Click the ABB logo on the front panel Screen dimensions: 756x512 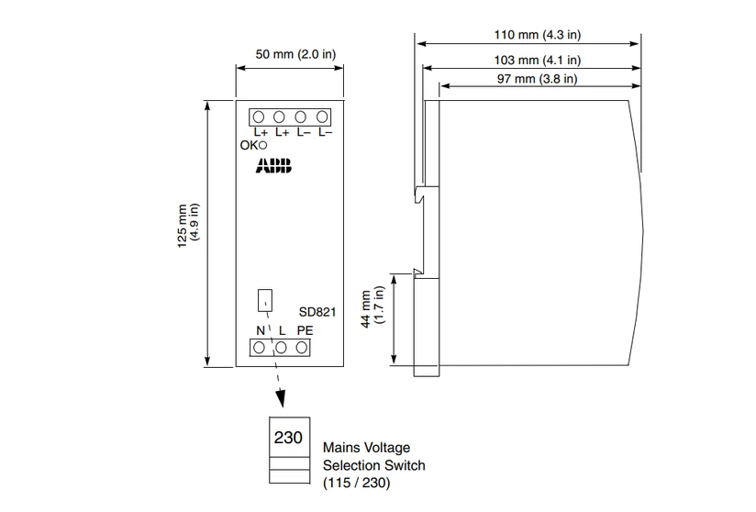tap(273, 165)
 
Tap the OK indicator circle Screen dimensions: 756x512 tap(262, 145)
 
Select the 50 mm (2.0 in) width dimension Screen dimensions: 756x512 tap(295, 54)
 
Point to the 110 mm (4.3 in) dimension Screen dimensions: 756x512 tap(537, 35)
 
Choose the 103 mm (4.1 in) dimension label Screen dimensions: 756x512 tap(537, 61)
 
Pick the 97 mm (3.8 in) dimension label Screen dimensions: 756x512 tap(537, 79)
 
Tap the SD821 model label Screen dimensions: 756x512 tap(317, 312)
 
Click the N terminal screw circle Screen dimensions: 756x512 tap(259, 348)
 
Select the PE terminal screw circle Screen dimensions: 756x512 tap(302, 348)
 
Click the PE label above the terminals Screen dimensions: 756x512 tap(306, 330)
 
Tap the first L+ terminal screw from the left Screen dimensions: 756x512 tap(259, 117)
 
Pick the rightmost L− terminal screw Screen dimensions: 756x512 tap(322, 117)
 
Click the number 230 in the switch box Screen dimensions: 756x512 tap(288, 438)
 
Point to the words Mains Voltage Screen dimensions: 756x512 tap(366, 448)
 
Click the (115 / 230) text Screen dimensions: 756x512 tap(356, 483)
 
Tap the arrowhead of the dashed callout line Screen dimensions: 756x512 tap(280, 399)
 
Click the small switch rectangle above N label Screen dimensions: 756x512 tap(265, 300)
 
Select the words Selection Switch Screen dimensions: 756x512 tap(374, 465)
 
